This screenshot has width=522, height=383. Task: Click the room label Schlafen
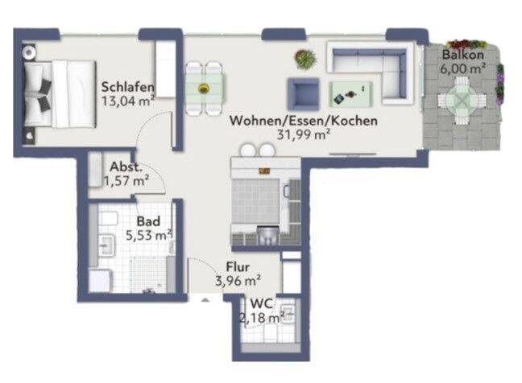[128, 88]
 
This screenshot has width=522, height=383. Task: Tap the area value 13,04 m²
[128, 101]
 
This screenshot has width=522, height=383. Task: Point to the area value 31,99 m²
[304, 134]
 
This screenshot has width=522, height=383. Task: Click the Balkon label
[462, 56]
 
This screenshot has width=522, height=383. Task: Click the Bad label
[148, 221]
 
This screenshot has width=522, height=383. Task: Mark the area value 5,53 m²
[149, 235]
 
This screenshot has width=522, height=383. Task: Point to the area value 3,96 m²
[238, 281]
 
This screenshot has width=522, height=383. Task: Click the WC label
[261, 304]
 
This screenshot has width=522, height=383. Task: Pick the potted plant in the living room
[304, 58]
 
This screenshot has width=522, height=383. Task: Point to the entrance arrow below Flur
[204, 299]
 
